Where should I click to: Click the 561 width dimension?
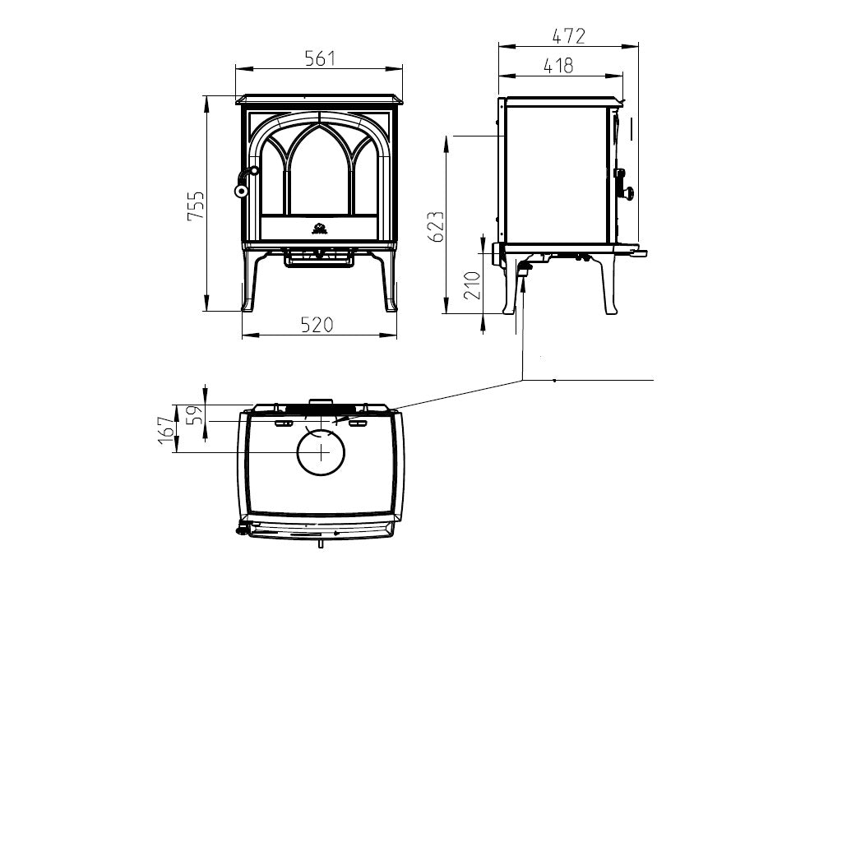[320, 58]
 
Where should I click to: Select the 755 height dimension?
[196, 205]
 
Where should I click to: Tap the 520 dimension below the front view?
[317, 324]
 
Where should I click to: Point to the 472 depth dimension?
[569, 36]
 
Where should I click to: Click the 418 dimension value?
[558, 66]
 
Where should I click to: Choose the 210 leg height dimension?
[471, 285]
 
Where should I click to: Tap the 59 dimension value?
[197, 414]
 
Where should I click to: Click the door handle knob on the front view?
[241, 190]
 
